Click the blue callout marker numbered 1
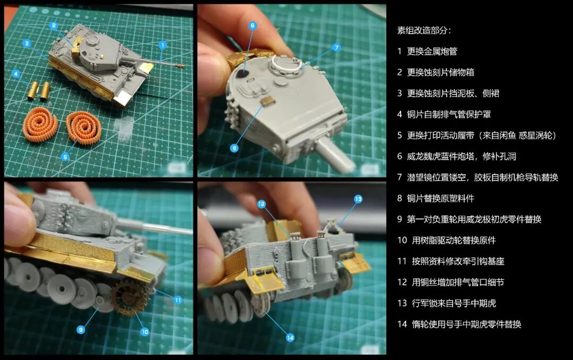coord(163,45)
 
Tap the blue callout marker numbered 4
coord(16,74)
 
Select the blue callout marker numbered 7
coord(336,47)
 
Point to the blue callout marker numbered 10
coord(145,332)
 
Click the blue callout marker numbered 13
coord(358,199)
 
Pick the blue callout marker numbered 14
coord(290,338)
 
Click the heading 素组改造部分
coord(424,30)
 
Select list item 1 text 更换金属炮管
coord(432,51)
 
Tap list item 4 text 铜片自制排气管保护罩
coord(449,115)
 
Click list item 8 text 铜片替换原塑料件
coord(441,198)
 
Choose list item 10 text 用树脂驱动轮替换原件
coord(454,241)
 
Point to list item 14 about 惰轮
coord(459,324)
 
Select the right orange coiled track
coord(83,126)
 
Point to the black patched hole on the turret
coord(241,74)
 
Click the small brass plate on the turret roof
coord(268,100)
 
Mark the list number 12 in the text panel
coord(402,282)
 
